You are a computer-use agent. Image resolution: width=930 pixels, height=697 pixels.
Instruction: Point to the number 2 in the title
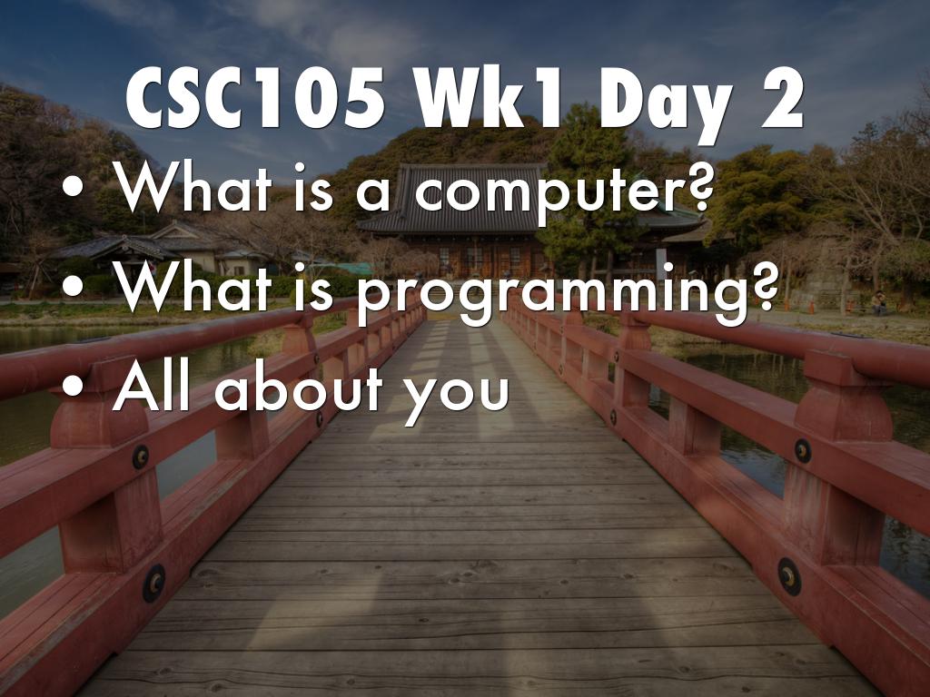777,99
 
